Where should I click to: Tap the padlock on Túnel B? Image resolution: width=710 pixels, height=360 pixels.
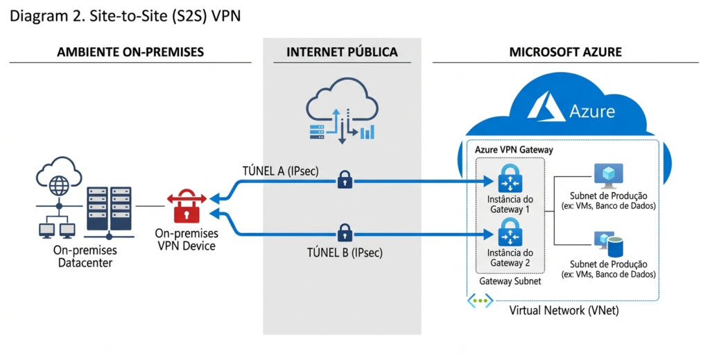[345, 232]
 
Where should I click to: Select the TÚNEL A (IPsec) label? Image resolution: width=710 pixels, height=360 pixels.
[279, 171]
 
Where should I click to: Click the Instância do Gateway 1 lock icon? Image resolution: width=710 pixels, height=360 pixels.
[510, 178]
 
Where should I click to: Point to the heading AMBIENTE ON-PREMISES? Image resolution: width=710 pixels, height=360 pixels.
[130, 52]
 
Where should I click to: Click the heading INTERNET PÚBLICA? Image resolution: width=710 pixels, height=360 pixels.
[342, 52]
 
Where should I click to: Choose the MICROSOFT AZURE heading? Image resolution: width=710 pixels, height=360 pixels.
[565, 52]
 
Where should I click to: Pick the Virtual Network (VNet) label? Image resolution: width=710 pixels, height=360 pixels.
[564, 311]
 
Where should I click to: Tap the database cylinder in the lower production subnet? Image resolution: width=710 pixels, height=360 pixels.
[616, 243]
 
